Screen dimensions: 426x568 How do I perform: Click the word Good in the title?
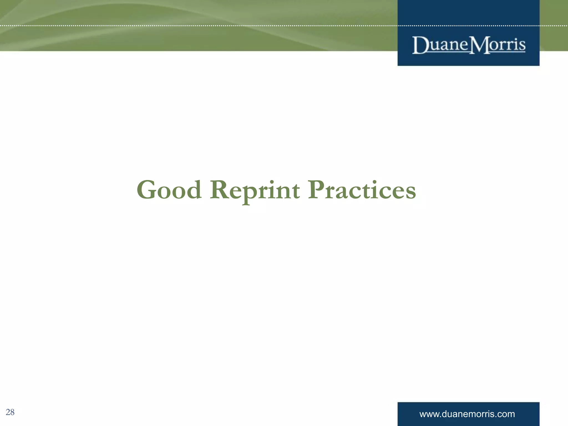[169, 190]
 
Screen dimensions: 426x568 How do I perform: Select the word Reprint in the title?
[255, 190]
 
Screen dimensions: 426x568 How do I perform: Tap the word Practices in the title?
[362, 190]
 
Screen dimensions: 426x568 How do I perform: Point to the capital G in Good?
[146, 190]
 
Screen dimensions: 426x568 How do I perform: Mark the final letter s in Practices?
[410, 192]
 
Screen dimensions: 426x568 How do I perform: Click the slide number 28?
[10, 412]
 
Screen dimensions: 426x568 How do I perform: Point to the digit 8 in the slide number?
[12, 412]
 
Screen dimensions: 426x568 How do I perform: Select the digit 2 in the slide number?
[8, 412]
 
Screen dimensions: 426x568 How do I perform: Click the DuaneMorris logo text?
[469, 45]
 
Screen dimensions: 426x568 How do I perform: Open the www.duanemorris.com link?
[467, 414]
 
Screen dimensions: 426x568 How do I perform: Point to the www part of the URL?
[429, 414]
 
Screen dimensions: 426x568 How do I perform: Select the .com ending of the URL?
[506, 414]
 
